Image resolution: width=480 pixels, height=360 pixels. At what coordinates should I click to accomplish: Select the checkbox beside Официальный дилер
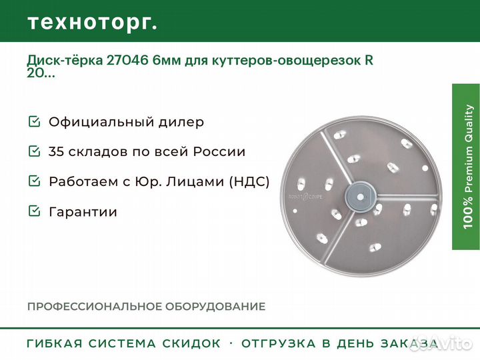click(x=34, y=121)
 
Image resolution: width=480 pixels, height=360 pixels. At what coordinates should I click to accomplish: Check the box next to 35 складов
click(x=34, y=151)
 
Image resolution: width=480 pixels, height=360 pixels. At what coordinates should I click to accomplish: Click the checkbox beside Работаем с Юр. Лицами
click(x=34, y=181)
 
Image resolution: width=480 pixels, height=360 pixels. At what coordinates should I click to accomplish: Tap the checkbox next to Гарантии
click(x=34, y=211)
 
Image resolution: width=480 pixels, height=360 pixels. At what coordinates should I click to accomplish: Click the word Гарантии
click(x=83, y=212)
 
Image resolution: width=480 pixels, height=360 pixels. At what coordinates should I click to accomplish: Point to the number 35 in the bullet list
click(x=56, y=151)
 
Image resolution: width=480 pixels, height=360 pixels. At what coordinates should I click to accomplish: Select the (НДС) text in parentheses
click(x=249, y=181)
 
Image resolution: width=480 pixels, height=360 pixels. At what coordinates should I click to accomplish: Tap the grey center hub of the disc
click(x=360, y=197)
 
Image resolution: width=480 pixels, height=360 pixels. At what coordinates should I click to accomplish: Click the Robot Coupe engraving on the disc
click(x=305, y=197)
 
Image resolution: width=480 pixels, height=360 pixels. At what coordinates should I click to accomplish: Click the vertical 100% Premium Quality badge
click(x=466, y=167)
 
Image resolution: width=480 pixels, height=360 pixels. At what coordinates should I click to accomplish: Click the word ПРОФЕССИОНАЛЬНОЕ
click(x=95, y=307)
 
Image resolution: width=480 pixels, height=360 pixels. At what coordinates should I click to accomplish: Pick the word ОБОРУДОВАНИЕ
click(x=215, y=307)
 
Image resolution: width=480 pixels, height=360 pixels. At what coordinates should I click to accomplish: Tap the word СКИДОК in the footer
click(x=191, y=343)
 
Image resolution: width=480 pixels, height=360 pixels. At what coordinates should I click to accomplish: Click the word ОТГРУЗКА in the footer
click(x=278, y=343)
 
